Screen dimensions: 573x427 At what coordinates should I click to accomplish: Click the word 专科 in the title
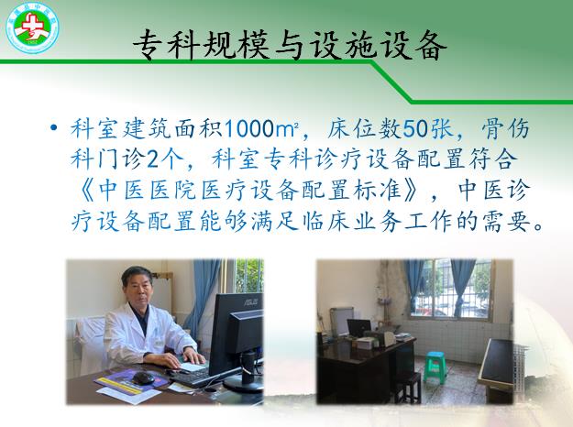point(166,45)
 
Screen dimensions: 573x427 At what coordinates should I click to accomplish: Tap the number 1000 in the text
point(248,128)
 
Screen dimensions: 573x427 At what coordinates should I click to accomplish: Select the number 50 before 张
point(414,128)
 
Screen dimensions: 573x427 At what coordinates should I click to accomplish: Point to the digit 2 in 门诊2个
point(152,159)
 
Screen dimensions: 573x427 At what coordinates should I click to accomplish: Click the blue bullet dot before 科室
point(54,127)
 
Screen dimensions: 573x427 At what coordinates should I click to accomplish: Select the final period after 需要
point(537,225)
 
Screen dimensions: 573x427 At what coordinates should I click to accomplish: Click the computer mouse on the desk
point(143,378)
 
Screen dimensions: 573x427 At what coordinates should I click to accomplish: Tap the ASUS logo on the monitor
point(250,301)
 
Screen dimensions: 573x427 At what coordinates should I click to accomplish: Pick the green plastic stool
point(435,367)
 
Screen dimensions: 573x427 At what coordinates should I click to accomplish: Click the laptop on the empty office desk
point(359,328)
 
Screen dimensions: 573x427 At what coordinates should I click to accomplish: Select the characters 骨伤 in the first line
point(505,128)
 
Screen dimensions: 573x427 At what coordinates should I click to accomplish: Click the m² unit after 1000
point(286,129)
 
